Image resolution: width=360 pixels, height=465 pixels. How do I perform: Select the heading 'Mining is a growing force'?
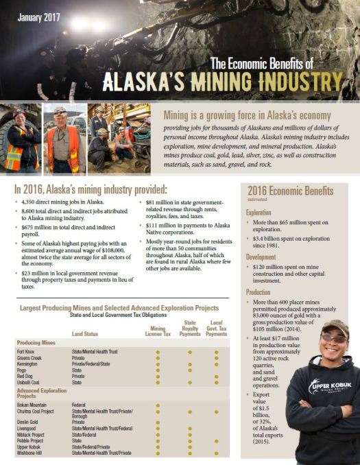247,116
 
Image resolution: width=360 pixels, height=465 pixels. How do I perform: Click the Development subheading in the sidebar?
265,257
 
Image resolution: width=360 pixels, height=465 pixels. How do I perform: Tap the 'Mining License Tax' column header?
158,331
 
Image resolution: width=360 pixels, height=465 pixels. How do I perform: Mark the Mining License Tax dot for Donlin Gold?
158,422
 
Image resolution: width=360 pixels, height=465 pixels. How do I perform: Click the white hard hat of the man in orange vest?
60,110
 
